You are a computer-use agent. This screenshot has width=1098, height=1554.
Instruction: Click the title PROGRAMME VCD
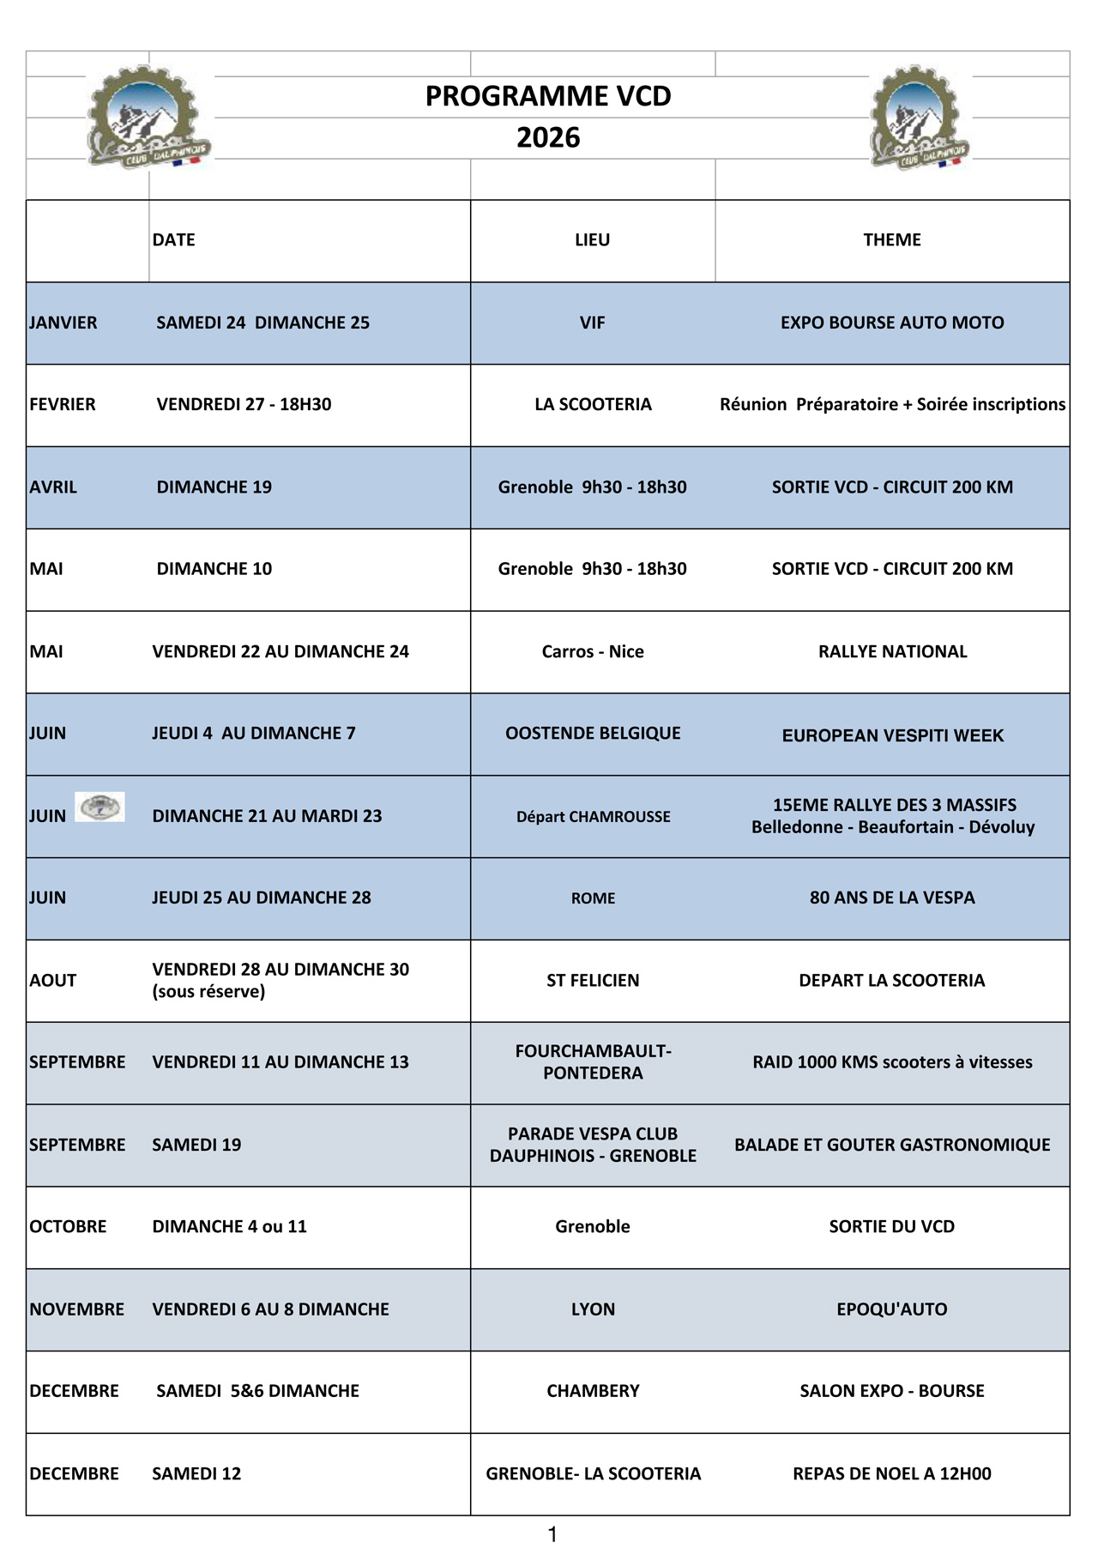point(548,96)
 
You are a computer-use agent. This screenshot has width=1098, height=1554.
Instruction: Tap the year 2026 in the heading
point(548,137)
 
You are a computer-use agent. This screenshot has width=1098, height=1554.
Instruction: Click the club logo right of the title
point(918,118)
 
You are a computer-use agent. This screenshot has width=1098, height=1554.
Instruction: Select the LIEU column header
point(592,240)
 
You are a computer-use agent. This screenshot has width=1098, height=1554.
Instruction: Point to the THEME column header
point(892,240)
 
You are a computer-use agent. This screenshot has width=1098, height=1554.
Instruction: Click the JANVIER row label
point(63,323)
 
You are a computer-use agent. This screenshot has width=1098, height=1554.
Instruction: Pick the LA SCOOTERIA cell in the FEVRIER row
point(593,404)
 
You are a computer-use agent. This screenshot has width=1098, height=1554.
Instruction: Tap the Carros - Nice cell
point(593,651)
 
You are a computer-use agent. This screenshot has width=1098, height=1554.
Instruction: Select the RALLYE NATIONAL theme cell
point(892,651)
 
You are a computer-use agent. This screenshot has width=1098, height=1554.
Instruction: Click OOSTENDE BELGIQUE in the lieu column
point(593,733)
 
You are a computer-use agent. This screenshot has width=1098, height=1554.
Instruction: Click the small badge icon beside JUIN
point(100,807)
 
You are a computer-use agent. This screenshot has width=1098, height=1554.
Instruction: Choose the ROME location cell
point(593,898)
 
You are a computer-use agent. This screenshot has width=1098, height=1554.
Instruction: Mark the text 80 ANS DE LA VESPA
point(892,898)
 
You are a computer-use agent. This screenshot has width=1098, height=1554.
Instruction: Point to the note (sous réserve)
point(208,992)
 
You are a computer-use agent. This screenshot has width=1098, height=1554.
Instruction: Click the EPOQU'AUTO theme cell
point(892,1309)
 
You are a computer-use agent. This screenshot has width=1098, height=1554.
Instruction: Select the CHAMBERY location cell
point(593,1391)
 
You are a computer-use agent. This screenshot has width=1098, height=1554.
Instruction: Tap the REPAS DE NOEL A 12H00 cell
point(892,1473)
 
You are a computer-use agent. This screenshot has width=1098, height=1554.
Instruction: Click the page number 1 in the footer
point(552,1534)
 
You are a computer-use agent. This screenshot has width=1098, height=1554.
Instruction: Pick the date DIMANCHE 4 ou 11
point(229,1226)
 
